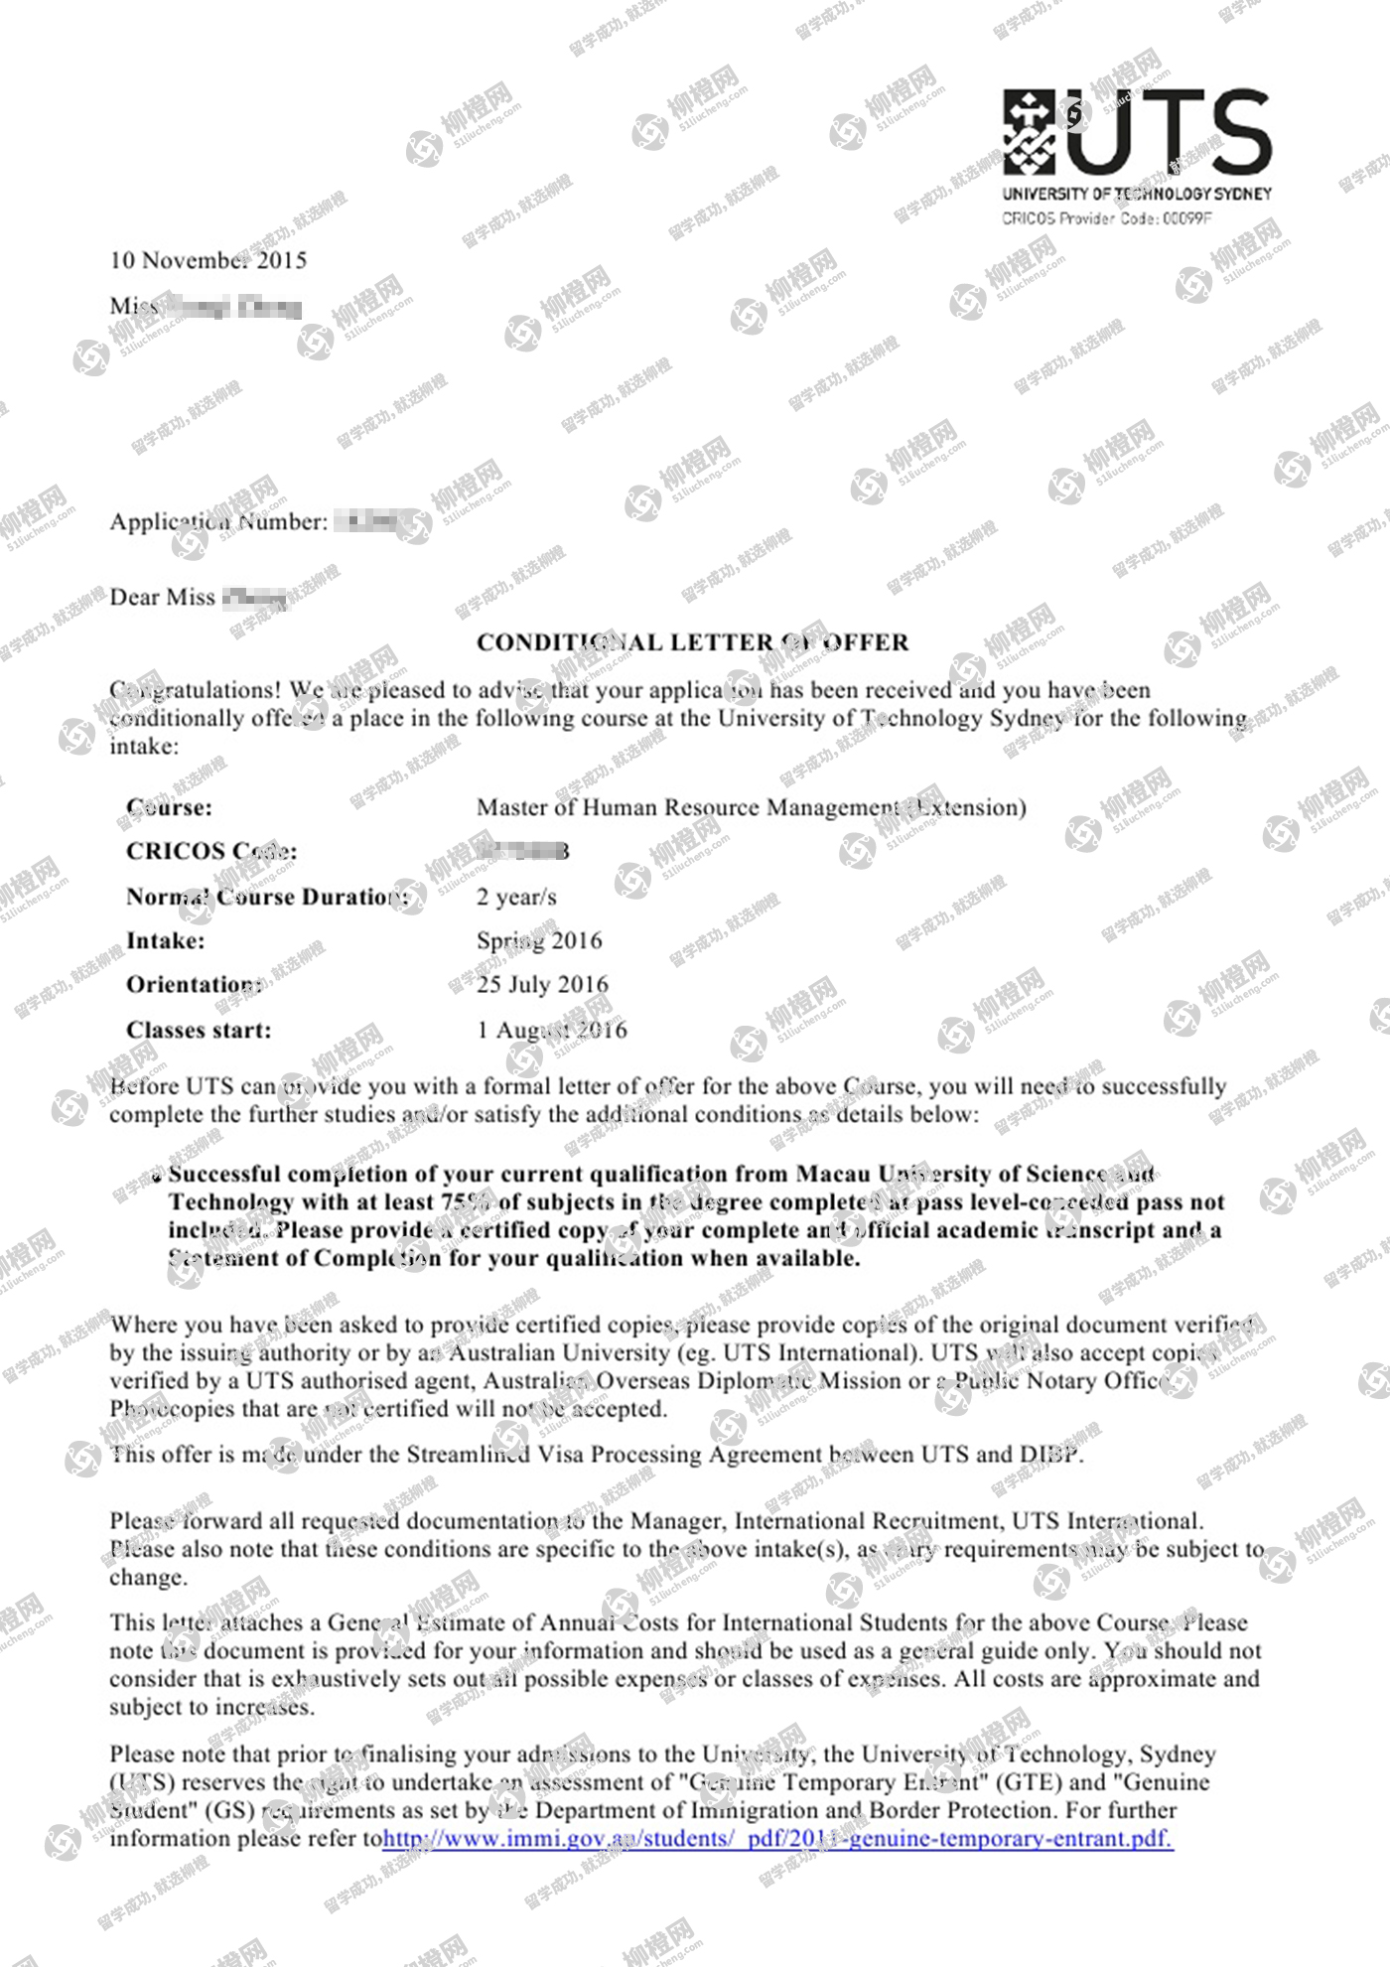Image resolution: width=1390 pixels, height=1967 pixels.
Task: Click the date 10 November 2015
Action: click(208, 260)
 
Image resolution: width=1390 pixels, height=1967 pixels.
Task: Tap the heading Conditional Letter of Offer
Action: click(692, 642)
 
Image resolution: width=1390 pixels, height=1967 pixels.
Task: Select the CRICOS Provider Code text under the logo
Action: click(1106, 218)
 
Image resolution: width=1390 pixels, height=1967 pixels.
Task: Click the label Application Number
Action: click(218, 522)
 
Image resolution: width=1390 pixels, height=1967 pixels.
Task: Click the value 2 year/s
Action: click(516, 897)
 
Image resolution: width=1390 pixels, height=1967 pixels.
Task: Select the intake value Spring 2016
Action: click(539, 940)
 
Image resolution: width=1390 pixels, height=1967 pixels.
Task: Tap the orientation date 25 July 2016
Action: click(542, 984)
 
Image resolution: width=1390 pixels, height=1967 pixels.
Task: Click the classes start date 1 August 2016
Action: click(552, 1030)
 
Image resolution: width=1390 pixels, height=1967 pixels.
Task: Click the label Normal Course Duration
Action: click(267, 897)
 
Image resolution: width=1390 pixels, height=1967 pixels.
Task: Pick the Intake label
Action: click(166, 940)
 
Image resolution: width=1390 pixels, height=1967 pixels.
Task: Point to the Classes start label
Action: click(199, 1030)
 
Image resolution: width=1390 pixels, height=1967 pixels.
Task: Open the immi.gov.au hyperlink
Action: click(777, 1838)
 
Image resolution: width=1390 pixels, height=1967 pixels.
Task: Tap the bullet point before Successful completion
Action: click(157, 1178)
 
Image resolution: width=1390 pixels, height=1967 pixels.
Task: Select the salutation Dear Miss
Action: click(162, 597)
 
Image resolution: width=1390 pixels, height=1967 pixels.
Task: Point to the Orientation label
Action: click(195, 984)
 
